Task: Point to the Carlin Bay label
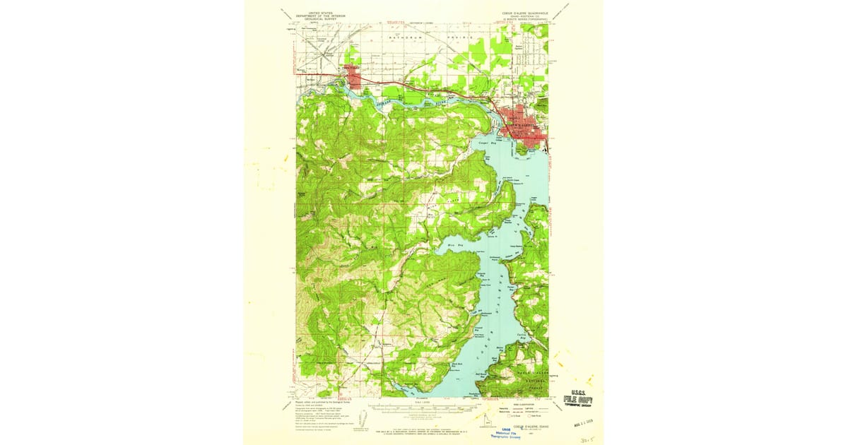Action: click(x=524, y=337)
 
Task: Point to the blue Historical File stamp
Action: click(x=507, y=433)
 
